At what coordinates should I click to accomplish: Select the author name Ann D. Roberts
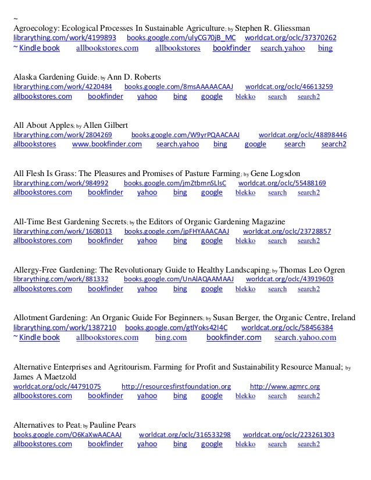[x=134, y=77]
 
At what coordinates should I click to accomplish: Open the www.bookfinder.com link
[x=107, y=144]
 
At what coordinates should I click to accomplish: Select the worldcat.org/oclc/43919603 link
[x=299, y=280]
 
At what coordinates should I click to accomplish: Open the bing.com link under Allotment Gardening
[x=171, y=337]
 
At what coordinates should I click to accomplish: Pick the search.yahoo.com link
[x=305, y=337]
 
